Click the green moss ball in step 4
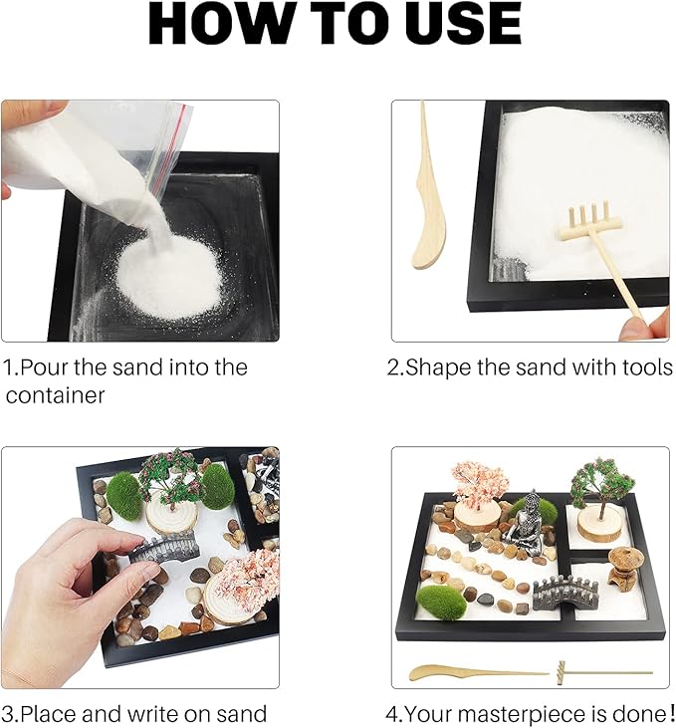click(x=441, y=602)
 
